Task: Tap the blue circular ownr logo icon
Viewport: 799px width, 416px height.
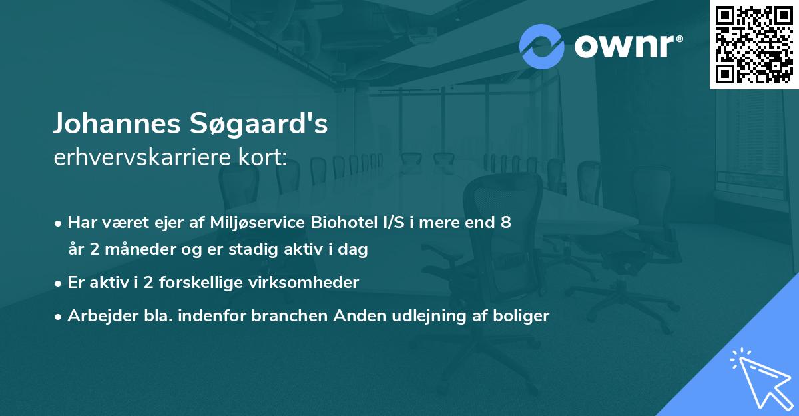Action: pos(542,46)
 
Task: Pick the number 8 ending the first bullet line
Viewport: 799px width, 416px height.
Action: pos(506,223)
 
